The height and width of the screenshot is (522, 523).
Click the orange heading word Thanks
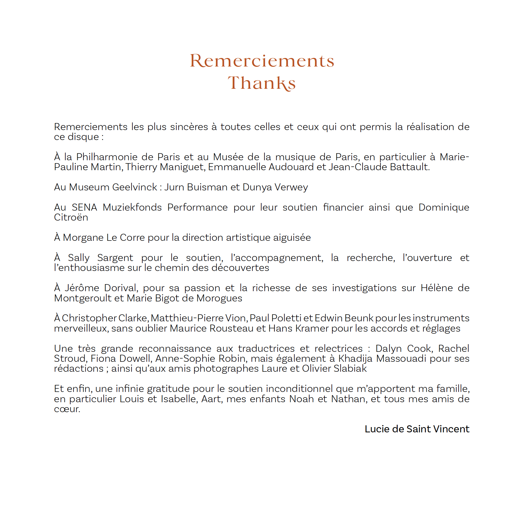pyautogui.click(x=261, y=83)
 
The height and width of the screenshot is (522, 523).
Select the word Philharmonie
pyautogui.click(x=107, y=157)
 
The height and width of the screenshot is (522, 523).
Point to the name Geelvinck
pyautogui.click(x=134, y=187)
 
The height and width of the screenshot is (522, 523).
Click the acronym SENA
pyautogui.click(x=84, y=207)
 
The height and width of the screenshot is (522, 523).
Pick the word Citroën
pyautogui.click(x=71, y=217)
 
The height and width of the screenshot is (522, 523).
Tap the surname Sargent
pyautogui.click(x=115, y=258)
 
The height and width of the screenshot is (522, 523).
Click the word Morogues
pyautogui.click(x=219, y=298)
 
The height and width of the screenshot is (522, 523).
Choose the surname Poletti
pyautogui.click(x=286, y=318)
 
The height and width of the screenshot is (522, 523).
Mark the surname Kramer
pyautogui.click(x=312, y=328)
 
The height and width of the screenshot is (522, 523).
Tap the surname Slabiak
pyautogui.click(x=350, y=369)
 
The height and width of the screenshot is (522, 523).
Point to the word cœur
pyautogui.click(x=67, y=409)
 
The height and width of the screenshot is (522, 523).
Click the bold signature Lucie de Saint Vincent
pyautogui.click(x=417, y=429)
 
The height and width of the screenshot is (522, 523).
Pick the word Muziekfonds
pyautogui.click(x=132, y=207)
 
